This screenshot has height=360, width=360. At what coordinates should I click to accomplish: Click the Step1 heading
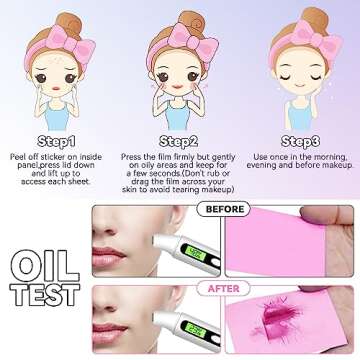click(x=56, y=140)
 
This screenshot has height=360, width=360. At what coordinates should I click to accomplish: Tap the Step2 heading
click(x=179, y=140)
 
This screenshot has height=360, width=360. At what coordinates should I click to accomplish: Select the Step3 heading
click(x=301, y=140)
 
